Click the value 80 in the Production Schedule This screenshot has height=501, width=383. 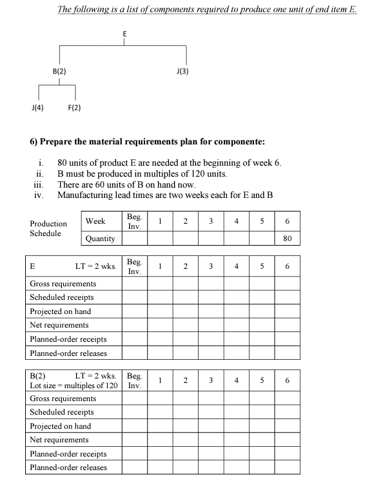[x=288, y=239]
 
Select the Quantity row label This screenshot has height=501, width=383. [x=100, y=239]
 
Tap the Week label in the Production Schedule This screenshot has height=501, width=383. [x=95, y=221]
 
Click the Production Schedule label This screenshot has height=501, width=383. [x=48, y=228]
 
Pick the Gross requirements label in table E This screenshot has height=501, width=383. [x=63, y=284]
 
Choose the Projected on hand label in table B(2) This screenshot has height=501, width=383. [x=60, y=426]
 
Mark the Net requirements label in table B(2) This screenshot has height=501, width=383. [x=59, y=440]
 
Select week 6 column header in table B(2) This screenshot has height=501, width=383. [x=288, y=380]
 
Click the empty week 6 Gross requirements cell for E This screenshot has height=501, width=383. [x=288, y=284]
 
